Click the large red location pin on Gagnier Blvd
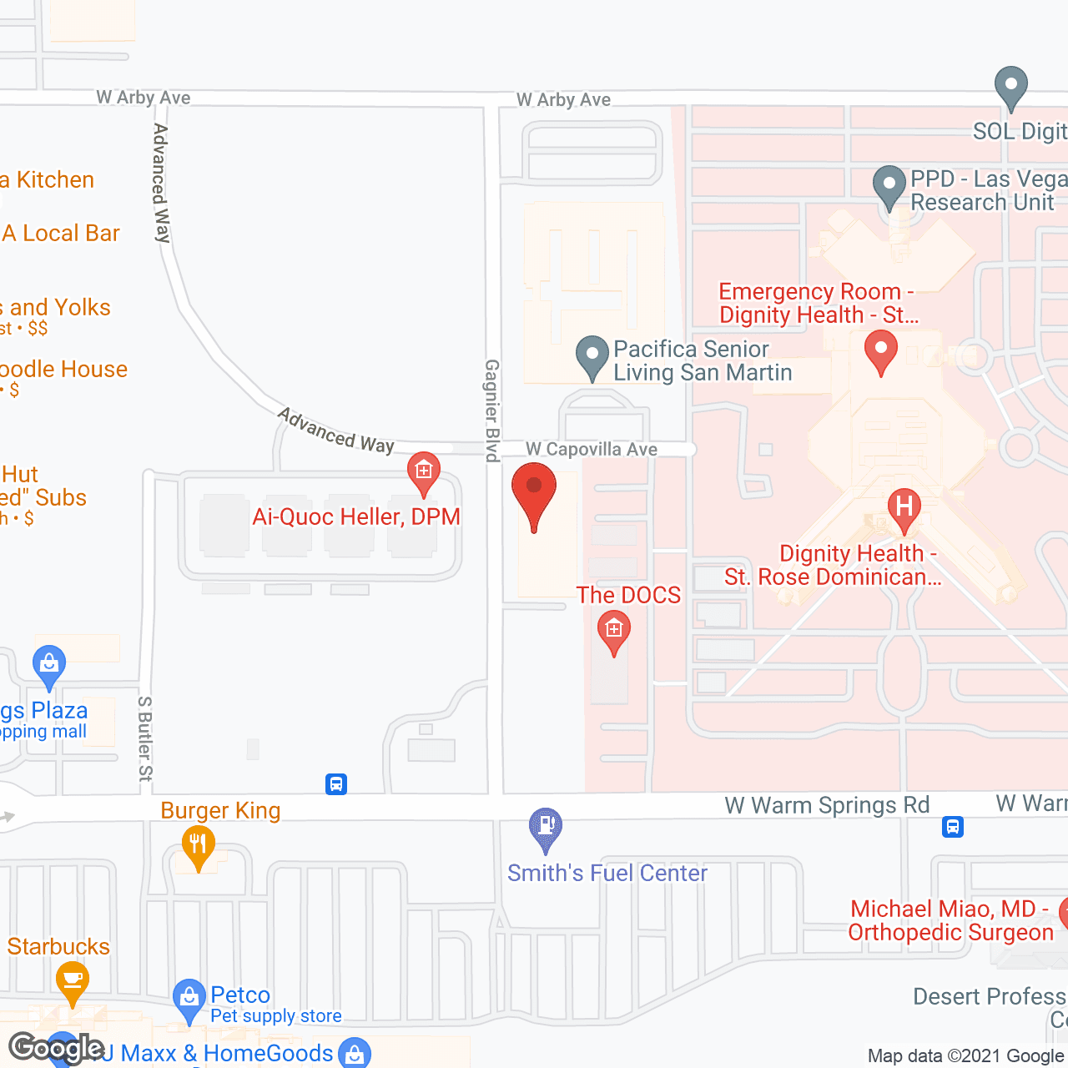tap(533, 492)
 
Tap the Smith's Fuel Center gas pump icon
tap(546, 827)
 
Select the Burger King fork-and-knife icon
tap(198, 844)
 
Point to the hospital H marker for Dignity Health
tap(904, 506)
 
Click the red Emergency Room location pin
tap(880, 349)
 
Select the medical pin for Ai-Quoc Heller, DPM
tap(424, 471)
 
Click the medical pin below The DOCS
tap(614, 630)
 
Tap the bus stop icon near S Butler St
tap(336, 784)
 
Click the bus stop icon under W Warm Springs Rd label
tap(953, 827)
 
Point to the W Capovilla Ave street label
tap(591, 450)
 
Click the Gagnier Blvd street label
tap(492, 410)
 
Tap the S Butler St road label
tap(146, 738)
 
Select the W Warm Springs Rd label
tap(826, 805)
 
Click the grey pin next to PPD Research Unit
tap(889, 185)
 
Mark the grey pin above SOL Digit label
tap(1010, 85)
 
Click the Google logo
tap(56, 1048)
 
